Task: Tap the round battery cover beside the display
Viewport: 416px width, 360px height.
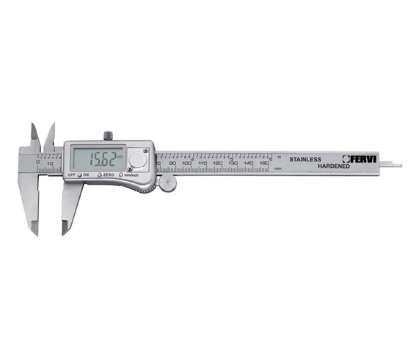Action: [x=138, y=161]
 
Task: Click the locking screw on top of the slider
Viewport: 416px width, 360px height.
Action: [x=109, y=136]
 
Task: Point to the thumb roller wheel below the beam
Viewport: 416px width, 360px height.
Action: [x=167, y=183]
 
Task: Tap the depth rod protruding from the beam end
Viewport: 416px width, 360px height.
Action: [x=395, y=164]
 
